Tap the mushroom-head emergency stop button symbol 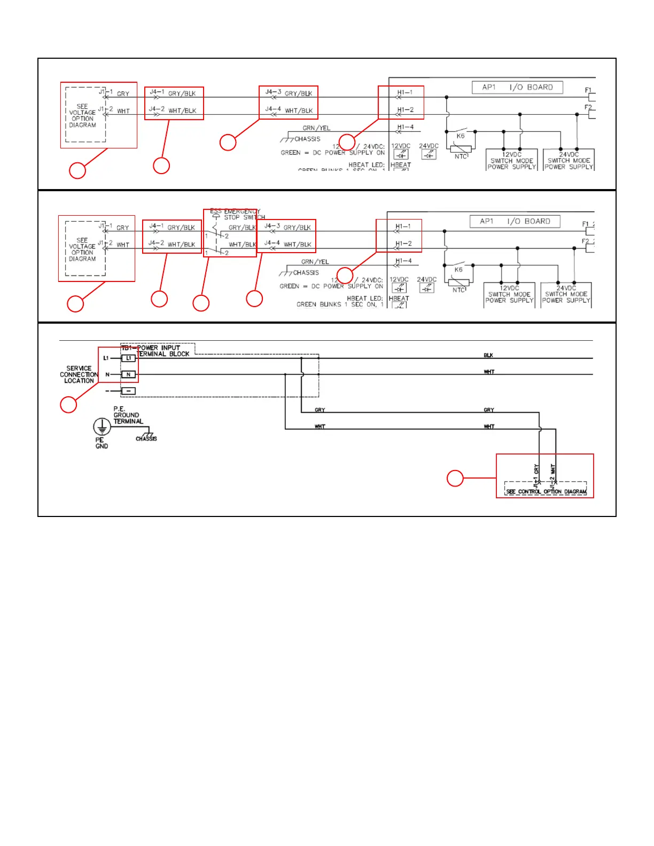pos(216,216)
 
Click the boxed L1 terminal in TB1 pos(128,358)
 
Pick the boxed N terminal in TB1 pos(128,374)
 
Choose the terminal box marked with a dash pos(128,391)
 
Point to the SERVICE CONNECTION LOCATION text pos(79,374)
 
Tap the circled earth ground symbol pos(102,427)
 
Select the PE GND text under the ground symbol pos(101,443)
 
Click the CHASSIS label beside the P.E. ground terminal pos(146,438)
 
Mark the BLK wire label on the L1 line pos(488,355)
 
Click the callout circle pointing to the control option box pos(455,478)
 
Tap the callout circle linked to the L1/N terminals pos(68,404)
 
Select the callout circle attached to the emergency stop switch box pos(201,303)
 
